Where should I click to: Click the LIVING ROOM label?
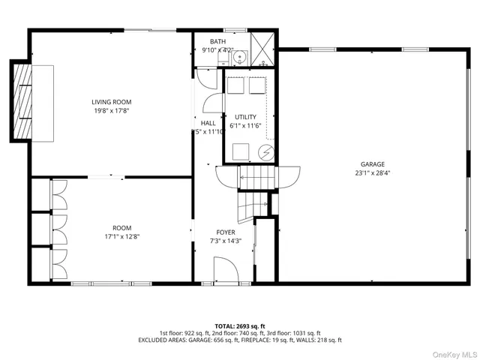(112, 102)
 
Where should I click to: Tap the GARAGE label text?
(372, 163)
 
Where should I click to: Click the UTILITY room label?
(245, 117)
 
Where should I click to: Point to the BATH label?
(217, 42)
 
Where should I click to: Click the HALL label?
(208, 123)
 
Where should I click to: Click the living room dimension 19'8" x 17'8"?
(112, 111)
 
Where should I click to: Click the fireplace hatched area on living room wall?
(20, 102)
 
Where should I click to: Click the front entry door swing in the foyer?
(225, 268)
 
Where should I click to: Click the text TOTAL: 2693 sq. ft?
(239, 325)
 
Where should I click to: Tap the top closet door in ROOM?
(58, 196)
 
